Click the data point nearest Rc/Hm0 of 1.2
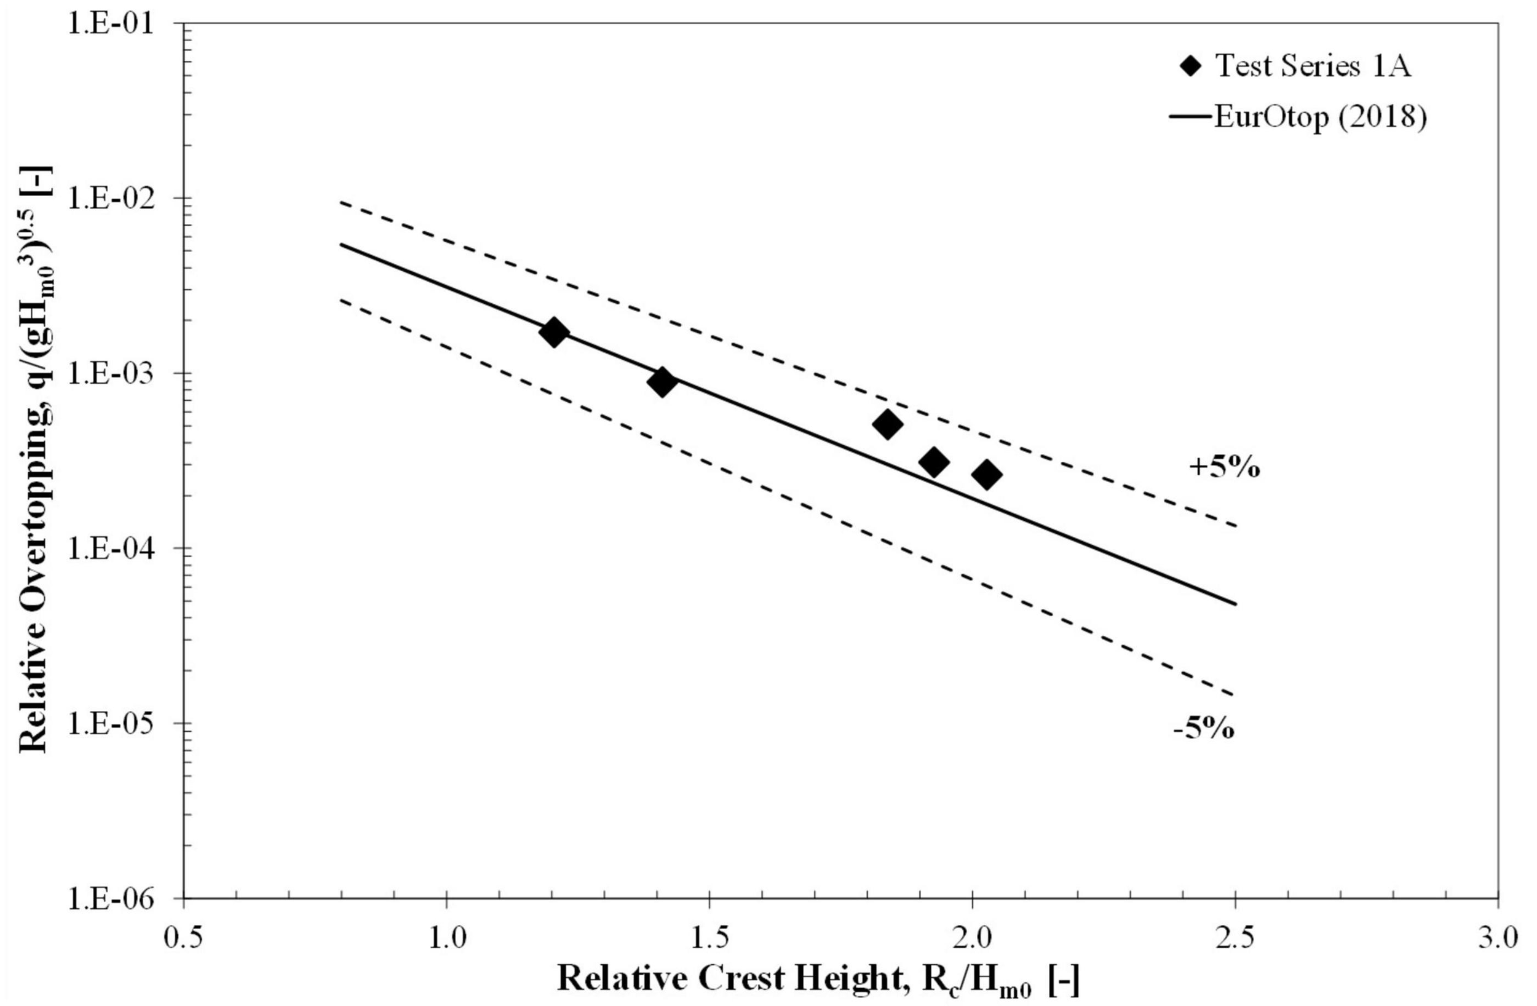(x=553, y=332)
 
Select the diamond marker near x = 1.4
(x=662, y=382)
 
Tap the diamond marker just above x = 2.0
(x=986, y=475)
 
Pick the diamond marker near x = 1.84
(x=887, y=424)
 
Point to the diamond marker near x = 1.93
(x=933, y=461)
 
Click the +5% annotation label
(x=1225, y=468)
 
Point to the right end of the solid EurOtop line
(x=1234, y=604)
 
